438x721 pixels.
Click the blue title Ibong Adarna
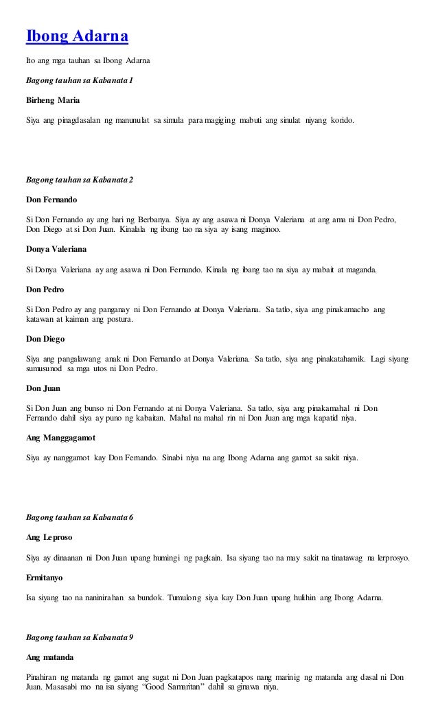pyautogui.click(x=78, y=35)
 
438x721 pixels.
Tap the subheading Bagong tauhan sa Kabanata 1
pyautogui.click(x=79, y=80)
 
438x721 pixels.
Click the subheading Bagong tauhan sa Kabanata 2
pyautogui.click(x=79, y=180)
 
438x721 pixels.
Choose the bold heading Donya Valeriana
pyautogui.click(x=58, y=249)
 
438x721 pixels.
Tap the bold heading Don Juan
pyautogui.click(x=43, y=388)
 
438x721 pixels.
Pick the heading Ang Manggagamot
pyautogui.click(x=60, y=437)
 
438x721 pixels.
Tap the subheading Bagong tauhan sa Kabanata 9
pyautogui.click(x=79, y=637)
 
